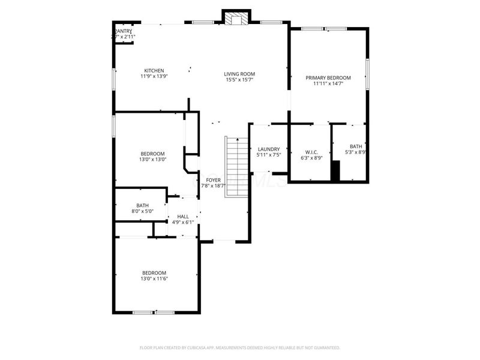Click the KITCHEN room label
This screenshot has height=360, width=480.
point(154,71)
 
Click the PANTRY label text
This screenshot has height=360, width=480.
point(124,31)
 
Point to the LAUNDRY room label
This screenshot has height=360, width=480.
point(269,149)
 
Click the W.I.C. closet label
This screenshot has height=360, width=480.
point(311,152)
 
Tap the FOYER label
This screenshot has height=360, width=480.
point(214,179)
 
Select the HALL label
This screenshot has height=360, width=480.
point(183,217)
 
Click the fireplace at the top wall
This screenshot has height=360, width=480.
point(236,17)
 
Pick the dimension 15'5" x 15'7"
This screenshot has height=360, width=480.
point(239,80)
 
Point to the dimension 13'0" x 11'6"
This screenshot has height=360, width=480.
point(154,278)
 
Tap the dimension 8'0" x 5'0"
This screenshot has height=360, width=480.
point(142,211)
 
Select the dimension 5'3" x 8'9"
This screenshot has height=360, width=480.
point(356,152)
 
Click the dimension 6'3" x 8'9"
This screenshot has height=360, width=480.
point(311,158)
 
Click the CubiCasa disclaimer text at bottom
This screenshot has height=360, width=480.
point(240,347)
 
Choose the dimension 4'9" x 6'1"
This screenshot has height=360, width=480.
point(183,223)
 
